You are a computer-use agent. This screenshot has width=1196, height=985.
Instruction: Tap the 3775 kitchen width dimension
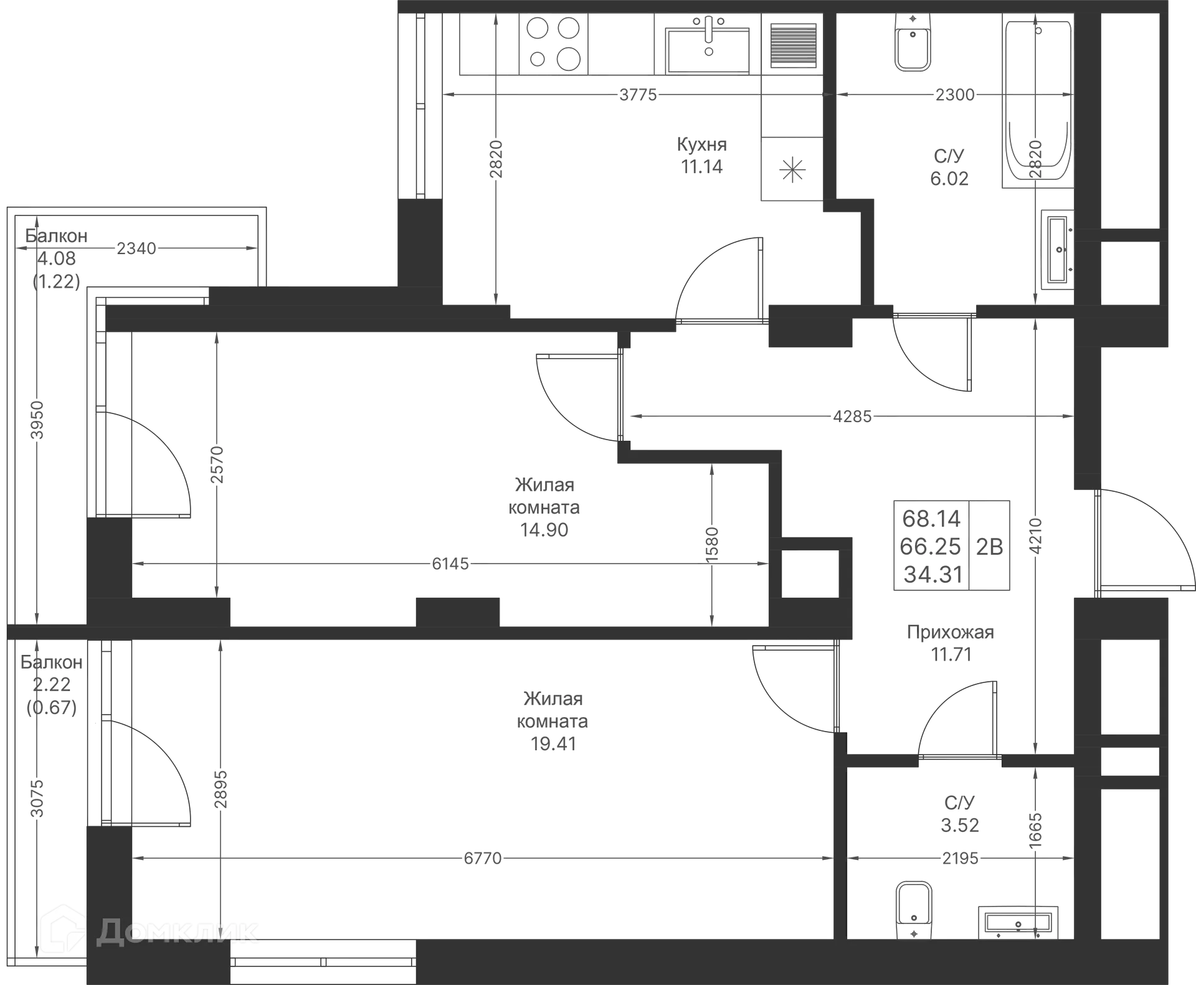(x=638, y=95)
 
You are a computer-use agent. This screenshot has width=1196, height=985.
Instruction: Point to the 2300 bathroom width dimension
(x=956, y=95)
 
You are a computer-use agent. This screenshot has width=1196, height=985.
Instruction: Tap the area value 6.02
(x=949, y=179)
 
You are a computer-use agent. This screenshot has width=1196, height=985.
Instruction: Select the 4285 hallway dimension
(x=853, y=416)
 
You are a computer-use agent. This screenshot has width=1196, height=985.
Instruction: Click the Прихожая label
(x=951, y=633)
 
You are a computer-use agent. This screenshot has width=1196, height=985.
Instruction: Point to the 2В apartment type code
(x=990, y=547)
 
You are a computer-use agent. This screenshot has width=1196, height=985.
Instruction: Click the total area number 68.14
(x=931, y=518)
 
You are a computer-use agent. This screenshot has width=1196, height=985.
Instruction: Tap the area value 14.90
(x=546, y=530)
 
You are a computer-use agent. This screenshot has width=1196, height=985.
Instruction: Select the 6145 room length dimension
(x=450, y=564)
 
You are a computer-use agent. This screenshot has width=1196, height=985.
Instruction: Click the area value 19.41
(x=554, y=743)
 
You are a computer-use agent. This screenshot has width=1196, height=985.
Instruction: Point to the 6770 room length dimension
(x=483, y=859)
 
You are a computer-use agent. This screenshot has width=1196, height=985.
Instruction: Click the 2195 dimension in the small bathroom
(x=961, y=859)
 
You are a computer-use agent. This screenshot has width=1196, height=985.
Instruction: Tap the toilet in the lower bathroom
(x=913, y=912)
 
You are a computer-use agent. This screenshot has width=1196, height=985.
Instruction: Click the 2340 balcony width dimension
(x=136, y=249)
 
